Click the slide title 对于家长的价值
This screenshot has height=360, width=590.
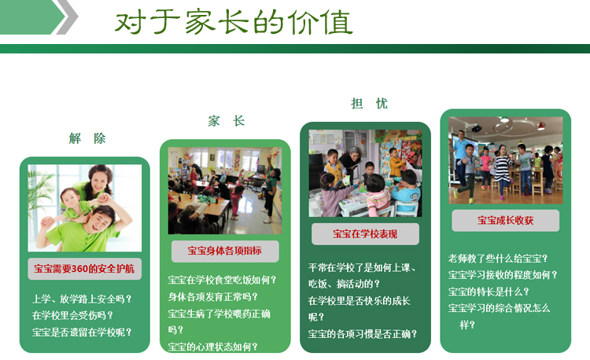(x=234, y=23)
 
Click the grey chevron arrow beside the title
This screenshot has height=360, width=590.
(x=68, y=17)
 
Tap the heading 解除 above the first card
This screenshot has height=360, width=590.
(x=87, y=138)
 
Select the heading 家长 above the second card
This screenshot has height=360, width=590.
(x=227, y=121)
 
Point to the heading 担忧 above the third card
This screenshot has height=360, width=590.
(x=369, y=103)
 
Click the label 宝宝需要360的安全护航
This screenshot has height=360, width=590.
(x=84, y=269)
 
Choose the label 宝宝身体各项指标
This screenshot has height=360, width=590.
(x=225, y=251)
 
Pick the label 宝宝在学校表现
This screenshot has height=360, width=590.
(x=365, y=233)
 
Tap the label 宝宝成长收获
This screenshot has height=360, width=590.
(x=505, y=220)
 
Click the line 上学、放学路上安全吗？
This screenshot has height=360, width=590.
(x=82, y=299)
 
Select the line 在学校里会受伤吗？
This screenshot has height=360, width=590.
(x=72, y=315)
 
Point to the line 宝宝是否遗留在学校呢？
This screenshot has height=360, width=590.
(x=82, y=332)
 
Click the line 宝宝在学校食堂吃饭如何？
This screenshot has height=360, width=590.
(x=223, y=280)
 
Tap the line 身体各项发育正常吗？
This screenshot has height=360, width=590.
(x=213, y=297)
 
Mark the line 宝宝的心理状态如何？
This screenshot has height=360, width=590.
(x=213, y=347)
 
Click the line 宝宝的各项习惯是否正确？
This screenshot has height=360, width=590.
(x=363, y=334)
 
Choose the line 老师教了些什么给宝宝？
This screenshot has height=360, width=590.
(x=498, y=259)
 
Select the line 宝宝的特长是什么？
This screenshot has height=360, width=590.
(x=489, y=292)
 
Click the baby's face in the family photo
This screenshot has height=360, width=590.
(x=70, y=197)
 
